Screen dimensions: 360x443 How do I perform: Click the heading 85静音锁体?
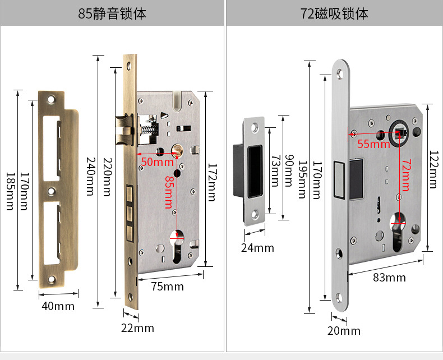[112, 13]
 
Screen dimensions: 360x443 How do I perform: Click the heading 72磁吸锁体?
[334, 13]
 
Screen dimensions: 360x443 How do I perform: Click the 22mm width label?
[137, 328]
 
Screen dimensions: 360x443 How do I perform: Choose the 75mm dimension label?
[167, 287]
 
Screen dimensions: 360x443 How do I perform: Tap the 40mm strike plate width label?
[58, 306]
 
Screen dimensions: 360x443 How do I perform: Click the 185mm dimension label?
[9, 191]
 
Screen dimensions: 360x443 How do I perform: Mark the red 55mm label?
[373, 144]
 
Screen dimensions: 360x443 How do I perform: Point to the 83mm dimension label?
[389, 278]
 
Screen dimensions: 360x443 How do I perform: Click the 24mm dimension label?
[257, 247]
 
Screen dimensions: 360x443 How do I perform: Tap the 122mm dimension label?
[433, 170]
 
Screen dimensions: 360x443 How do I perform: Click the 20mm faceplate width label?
[344, 331]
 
